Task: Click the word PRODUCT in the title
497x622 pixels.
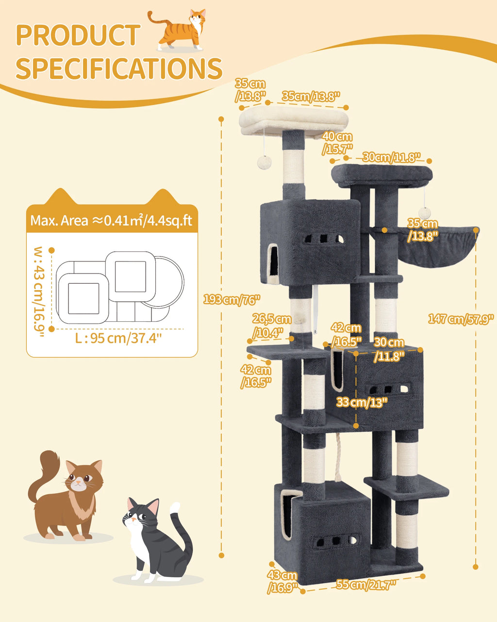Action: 78,35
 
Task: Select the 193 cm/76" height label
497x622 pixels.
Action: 232,299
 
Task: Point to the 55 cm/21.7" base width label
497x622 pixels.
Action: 366,584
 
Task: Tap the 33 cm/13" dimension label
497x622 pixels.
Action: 362,402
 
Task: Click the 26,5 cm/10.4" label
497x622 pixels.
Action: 271,326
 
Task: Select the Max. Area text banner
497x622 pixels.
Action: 111,220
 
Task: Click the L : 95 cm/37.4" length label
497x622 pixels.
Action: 118,338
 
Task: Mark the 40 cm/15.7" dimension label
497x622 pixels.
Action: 337,143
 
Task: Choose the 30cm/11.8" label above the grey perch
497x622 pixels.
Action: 391,157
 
